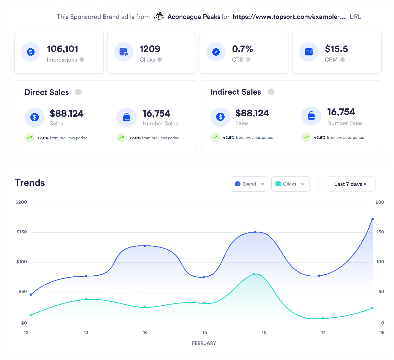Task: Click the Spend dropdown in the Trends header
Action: [x=249, y=184]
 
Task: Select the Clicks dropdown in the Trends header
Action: [x=290, y=184]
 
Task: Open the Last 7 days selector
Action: [x=350, y=184]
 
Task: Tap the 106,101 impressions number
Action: [x=63, y=49]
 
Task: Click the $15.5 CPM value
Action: [x=336, y=49]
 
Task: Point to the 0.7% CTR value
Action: [x=243, y=49]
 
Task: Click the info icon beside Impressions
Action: [x=82, y=60]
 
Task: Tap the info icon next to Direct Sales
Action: [x=78, y=92]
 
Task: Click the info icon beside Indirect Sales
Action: [x=271, y=92]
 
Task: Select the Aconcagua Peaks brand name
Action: [x=194, y=17]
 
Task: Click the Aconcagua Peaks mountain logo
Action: [x=159, y=17]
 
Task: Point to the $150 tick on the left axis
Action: [x=22, y=232]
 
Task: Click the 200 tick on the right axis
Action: [x=380, y=202]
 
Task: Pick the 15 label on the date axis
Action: [x=205, y=332]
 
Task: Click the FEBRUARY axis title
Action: [x=204, y=343]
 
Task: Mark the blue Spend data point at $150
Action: [x=255, y=232]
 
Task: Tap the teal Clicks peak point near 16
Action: [x=254, y=274]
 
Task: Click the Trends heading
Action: [x=30, y=183]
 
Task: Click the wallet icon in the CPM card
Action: [x=308, y=52]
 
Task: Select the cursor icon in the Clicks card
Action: [x=123, y=52]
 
